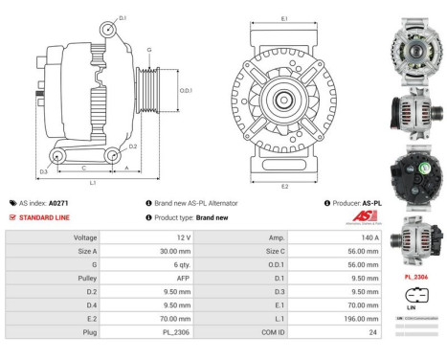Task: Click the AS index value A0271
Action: (x=59, y=203)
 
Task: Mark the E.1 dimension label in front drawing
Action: (x=285, y=18)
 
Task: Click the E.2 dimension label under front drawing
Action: (x=285, y=185)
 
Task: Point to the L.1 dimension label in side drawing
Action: (x=92, y=182)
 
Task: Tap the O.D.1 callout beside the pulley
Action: (x=186, y=90)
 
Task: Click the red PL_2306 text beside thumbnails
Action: (x=413, y=276)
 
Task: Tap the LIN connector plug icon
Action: (x=413, y=295)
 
